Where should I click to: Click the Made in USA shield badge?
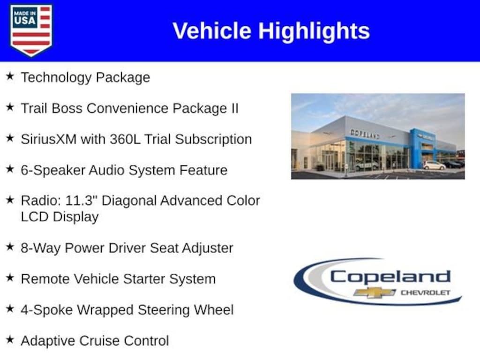pyautogui.click(x=31, y=30)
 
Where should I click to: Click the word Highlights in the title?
pyautogui.click(x=314, y=31)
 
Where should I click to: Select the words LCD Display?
pyautogui.click(x=60, y=217)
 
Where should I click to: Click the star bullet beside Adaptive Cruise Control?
pyautogui.click(x=10, y=339)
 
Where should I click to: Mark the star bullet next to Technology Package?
pyautogui.click(x=10, y=76)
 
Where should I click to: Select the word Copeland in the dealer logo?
pyautogui.click(x=390, y=277)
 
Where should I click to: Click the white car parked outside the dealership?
pyautogui.click(x=434, y=165)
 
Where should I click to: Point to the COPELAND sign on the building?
pyautogui.click(x=365, y=134)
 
